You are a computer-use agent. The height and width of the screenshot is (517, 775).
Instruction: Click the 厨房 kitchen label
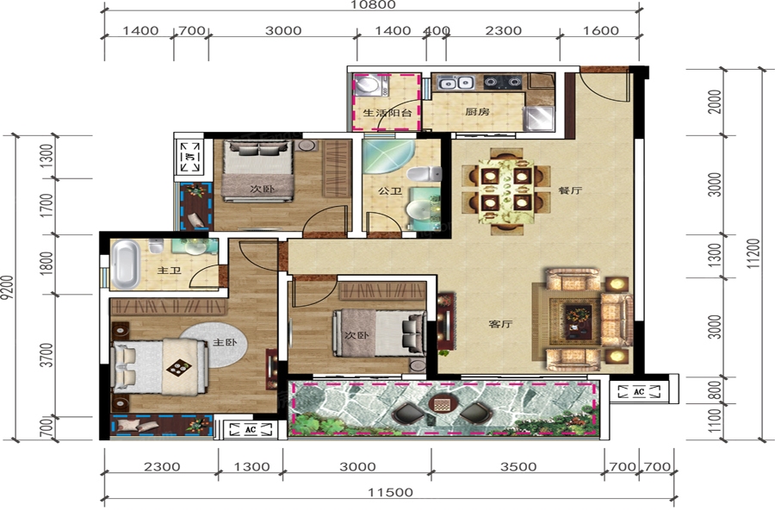(x=477, y=111)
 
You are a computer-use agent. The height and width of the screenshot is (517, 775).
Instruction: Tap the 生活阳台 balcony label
(x=387, y=112)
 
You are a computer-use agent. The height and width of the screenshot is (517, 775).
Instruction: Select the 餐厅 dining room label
(x=570, y=190)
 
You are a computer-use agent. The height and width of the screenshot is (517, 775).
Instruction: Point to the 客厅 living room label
(x=500, y=324)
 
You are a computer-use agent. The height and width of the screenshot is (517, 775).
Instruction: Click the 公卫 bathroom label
(x=390, y=190)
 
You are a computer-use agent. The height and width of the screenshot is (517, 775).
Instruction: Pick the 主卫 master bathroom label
(x=169, y=271)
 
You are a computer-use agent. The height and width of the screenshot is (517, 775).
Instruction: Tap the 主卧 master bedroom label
(x=225, y=342)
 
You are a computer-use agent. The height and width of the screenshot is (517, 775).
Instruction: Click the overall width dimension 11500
(x=390, y=492)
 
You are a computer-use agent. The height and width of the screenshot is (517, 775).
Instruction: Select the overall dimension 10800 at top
(x=373, y=5)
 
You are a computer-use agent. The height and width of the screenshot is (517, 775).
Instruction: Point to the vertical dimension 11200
(x=753, y=253)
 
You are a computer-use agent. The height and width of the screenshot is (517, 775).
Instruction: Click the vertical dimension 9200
(x=7, y=288)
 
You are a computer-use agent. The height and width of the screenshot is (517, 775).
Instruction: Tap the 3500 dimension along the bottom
(x=518, y=466)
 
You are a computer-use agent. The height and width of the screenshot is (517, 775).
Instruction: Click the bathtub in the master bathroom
(x=125, y=265)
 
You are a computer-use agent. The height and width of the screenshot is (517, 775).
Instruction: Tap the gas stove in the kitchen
(x=503, y=81)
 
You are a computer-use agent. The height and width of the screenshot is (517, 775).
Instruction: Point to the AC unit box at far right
(x=639, y=392)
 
